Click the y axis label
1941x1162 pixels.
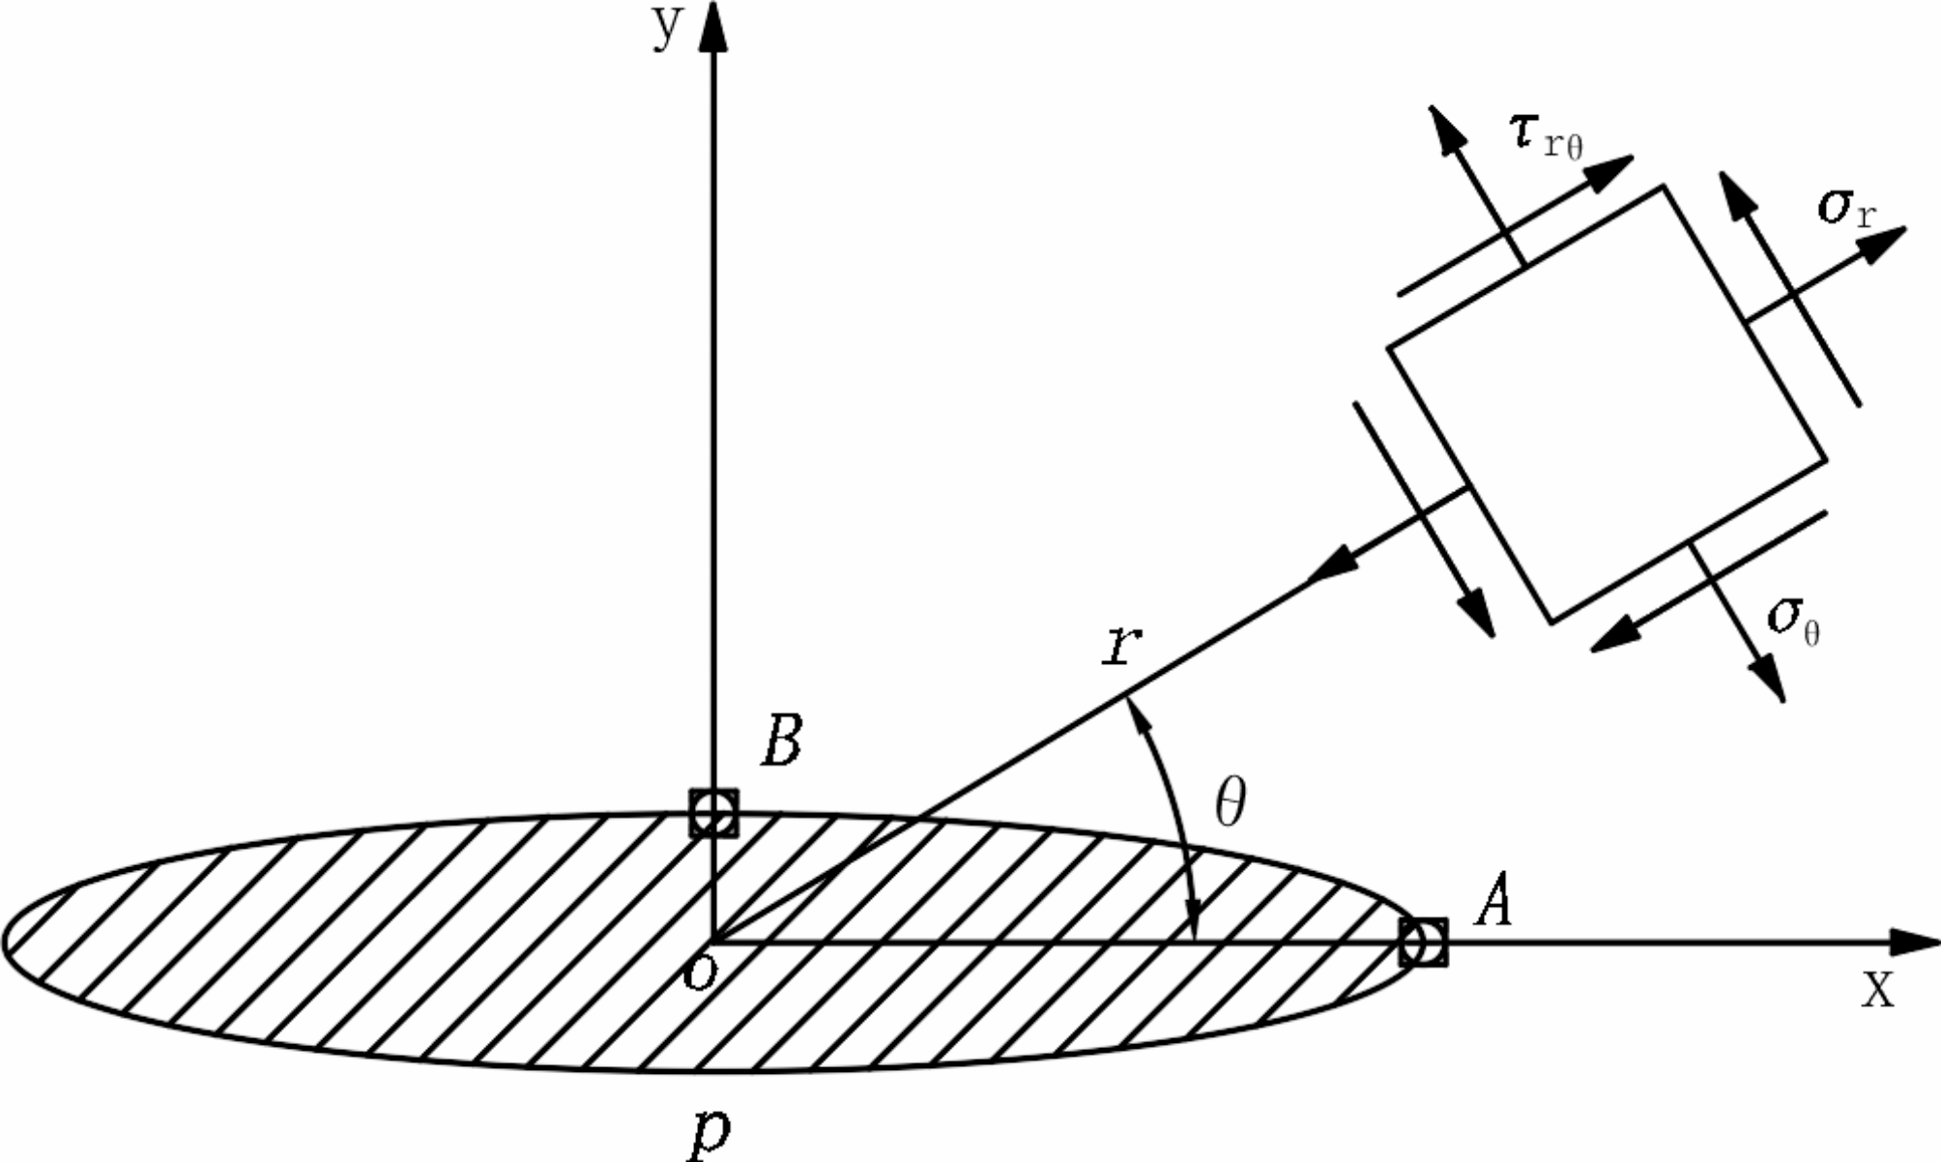click(666, 29)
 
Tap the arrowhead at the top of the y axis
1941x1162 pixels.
click(713, 29)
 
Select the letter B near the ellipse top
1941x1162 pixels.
click(781, 741)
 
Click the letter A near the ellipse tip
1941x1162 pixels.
click(1492, 899)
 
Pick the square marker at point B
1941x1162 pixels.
click(713, 814)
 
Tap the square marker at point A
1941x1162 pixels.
click(1424, 942)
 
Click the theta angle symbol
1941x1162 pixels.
click(1230, 802)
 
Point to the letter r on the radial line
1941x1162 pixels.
click(1122, 646)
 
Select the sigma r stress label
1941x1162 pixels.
click(1844, 208)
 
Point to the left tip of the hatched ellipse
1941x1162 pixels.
click(6, 942)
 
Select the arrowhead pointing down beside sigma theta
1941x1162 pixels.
click(1771, 679)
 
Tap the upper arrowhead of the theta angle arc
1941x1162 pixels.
click(1137, 715)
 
